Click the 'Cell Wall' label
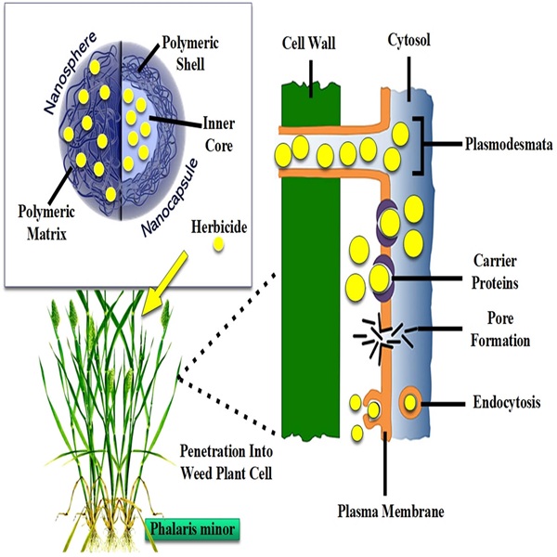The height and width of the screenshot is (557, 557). tap(311, 43)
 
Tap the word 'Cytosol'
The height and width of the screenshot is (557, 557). tap(408, 43)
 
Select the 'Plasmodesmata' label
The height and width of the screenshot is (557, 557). tap(506, 145)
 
